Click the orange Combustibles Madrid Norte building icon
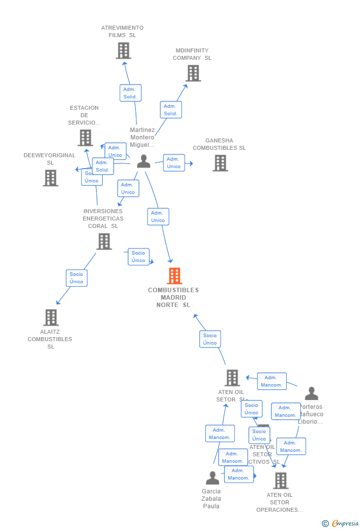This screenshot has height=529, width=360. coord(174,276)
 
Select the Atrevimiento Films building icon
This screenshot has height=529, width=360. coord(123,50)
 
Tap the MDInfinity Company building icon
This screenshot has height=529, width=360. coord(193,73)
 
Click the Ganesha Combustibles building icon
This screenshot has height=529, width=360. coord(220,163)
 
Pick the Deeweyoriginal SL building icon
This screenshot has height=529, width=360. coord(50,178)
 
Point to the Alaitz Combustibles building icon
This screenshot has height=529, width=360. coord(51,317)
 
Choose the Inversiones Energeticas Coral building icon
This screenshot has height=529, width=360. coord(104,241)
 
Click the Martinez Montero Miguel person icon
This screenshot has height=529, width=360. coord(143,161)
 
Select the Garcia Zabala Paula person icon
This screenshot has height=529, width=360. coord(212,478)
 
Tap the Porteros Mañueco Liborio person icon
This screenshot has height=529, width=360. coord(312,394)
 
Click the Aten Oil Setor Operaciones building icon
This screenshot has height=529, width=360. coord(280,480)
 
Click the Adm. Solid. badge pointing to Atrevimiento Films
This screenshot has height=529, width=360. coord(131,93)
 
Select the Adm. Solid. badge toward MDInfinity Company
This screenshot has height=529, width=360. coord(171,110)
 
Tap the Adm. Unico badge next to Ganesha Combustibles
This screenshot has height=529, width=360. coord(174,163)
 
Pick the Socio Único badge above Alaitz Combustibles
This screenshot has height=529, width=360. coord(77,278)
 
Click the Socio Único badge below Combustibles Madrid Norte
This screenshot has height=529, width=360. coord(210,339)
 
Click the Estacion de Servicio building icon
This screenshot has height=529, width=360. coord(86,138)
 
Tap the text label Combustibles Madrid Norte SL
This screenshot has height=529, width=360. coord(173,298)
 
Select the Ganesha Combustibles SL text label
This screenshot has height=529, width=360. coord(219,144)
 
